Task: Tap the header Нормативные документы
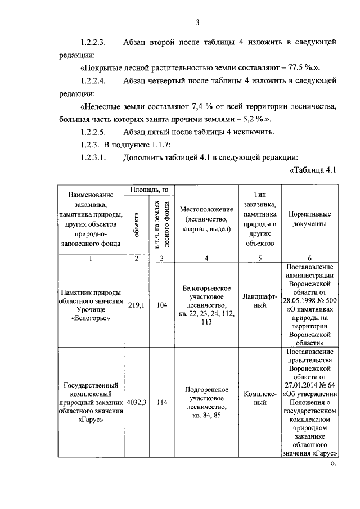tap(309, 219)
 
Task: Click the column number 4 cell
tap(206, 258)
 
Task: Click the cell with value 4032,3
tap(136, 402)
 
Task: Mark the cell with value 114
tap(162, 402)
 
